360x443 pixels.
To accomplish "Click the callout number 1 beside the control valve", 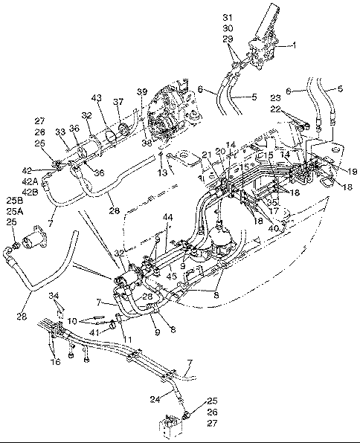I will [294, 45].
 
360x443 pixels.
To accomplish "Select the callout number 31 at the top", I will [248, 17].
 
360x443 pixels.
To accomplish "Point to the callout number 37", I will [118, 102].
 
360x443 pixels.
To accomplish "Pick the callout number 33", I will [61, 132].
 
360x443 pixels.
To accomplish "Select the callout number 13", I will [161, 172].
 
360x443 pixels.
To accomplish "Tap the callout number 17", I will [272, 210].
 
